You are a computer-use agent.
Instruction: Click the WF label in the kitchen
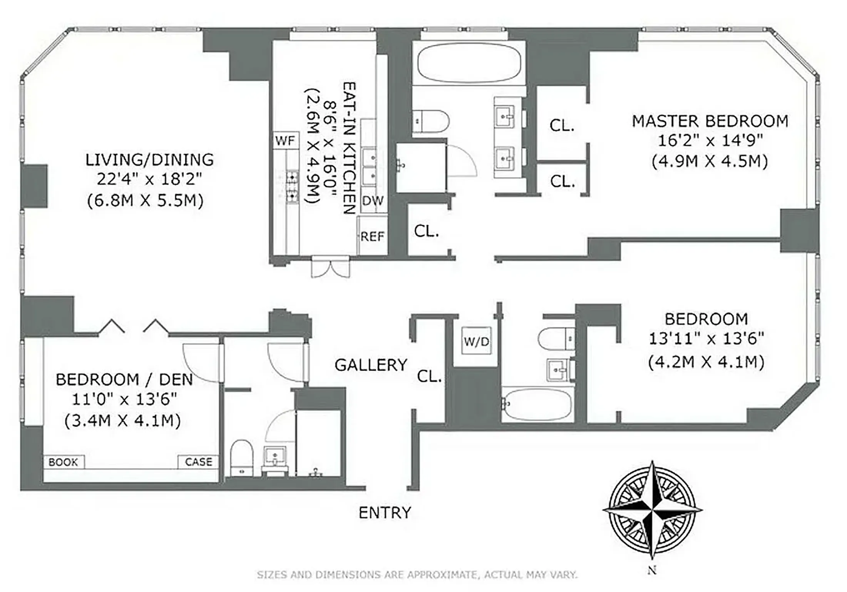tap(285, 141)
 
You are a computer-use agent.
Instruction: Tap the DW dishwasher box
tap(373, 201)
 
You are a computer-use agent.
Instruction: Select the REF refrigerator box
tap(372, 236)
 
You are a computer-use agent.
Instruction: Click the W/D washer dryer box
tap(476, 341)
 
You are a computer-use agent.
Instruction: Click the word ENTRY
tap(385, 513)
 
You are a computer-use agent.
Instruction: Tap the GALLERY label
tap(371, 365)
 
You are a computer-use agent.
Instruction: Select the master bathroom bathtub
tap(469, 63)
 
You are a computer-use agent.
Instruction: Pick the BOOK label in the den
tap(63, 462)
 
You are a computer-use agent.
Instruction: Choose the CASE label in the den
tap(198, 462)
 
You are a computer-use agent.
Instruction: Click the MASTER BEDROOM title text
tap(710, 121)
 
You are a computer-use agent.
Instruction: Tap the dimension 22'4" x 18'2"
tap(149, 179)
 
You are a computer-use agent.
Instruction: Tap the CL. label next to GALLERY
tap(429, 377)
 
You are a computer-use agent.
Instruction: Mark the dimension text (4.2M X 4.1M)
tap(706, 362)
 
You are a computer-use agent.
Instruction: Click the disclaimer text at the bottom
tap(417, 575)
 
